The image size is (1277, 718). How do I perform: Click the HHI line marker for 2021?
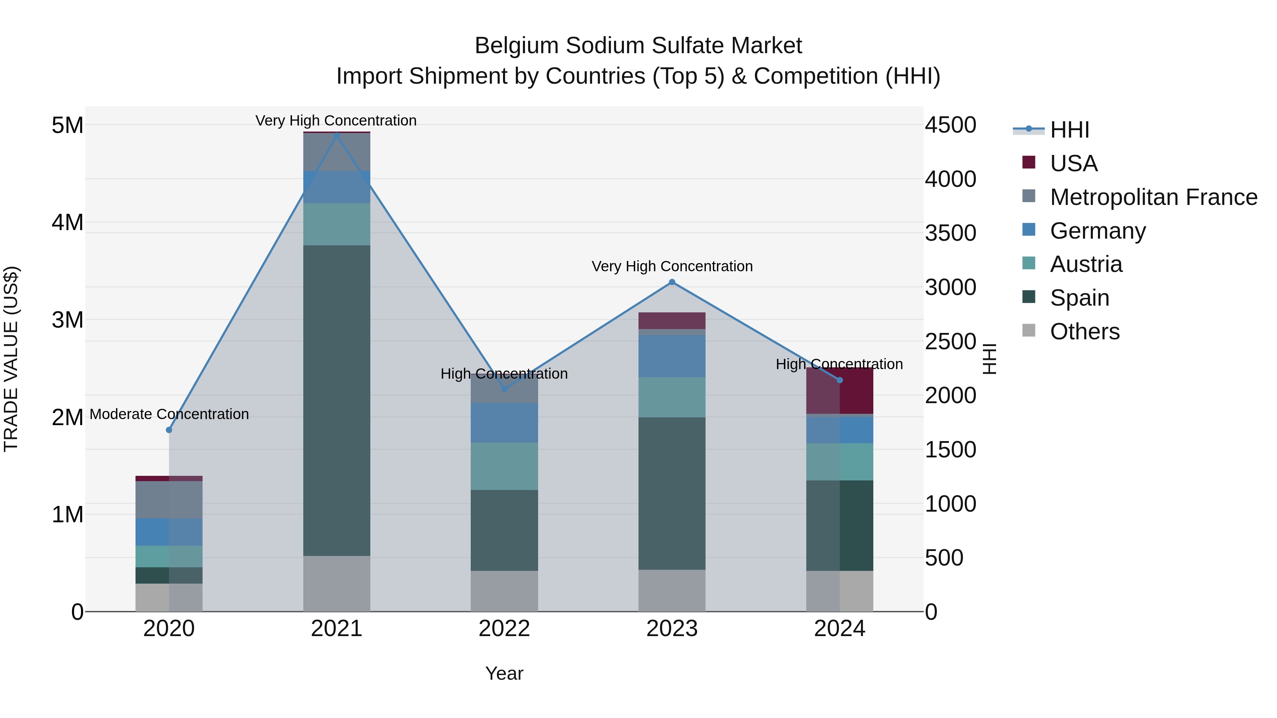(337, 135)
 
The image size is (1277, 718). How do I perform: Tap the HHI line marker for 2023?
(672, 282)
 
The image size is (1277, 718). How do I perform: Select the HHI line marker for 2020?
(169, 430)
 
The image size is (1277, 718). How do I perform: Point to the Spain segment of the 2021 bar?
(337, 400)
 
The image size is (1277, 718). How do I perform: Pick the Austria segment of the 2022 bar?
(504, 466)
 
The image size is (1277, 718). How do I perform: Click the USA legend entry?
(1073, 163)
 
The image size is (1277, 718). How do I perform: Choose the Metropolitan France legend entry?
(1153, 197)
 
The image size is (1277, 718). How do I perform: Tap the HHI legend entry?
(1069, 130)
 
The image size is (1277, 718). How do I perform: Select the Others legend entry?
(1084, 332)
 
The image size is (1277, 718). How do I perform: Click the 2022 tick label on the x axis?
(504, 629)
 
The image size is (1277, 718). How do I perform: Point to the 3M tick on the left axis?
(67, 319)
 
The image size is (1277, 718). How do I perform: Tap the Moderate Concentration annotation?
(169, 414)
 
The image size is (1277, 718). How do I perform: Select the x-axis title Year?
(504, 673)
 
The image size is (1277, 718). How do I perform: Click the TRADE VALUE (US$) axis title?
(11, 359)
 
